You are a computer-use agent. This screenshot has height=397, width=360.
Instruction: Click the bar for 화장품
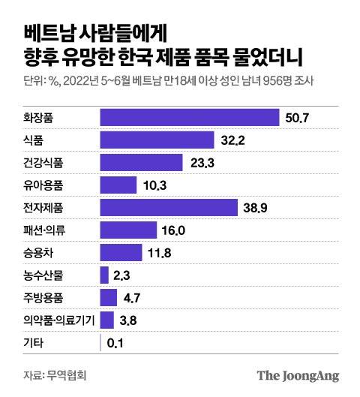(x=190, y=117)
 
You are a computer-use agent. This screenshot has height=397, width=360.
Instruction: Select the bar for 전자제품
(x=168, y=207)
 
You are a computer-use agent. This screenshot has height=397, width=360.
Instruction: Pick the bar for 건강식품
(x=141, y=162)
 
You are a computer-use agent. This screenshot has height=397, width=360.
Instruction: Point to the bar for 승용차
(x=121, y=253)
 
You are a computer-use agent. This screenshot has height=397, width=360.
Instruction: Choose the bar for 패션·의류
(x=128, y=230)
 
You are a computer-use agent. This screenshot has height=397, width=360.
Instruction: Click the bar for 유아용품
(x=118, y=185)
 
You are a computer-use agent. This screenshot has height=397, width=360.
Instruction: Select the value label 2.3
(x=123, y=275)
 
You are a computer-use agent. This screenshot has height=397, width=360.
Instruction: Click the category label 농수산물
(x=43, y=275)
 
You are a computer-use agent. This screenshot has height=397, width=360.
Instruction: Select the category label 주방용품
(x=43, y=298)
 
